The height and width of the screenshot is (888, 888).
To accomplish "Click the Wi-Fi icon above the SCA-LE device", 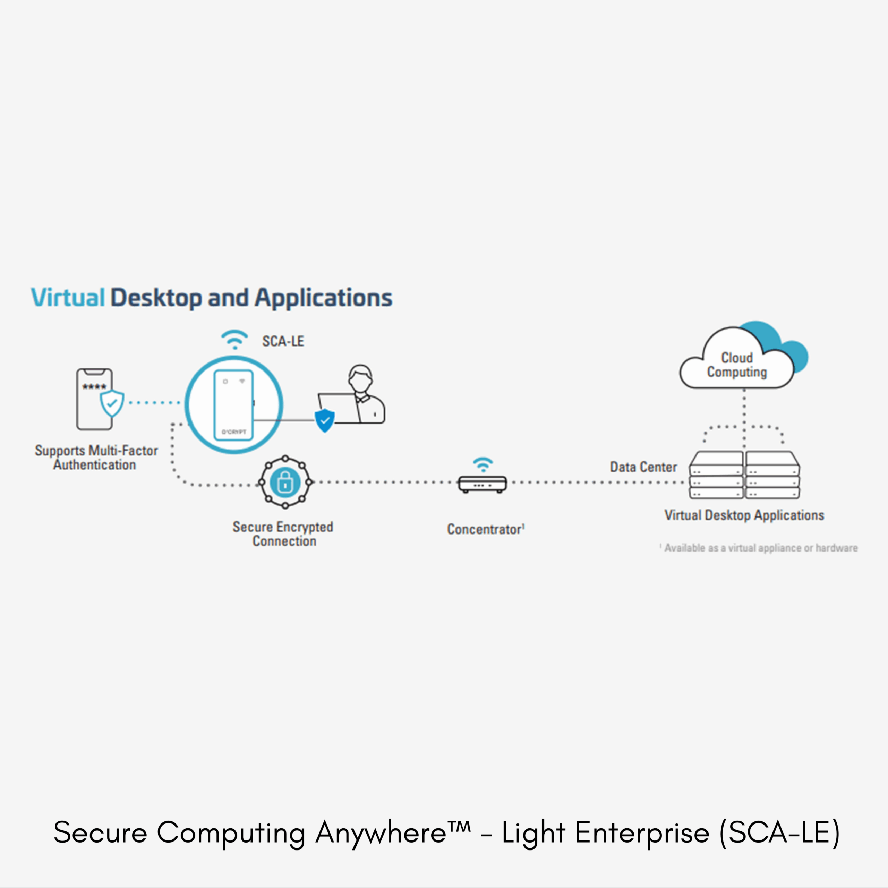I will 234,340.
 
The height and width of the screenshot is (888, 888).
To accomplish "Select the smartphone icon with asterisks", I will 93,399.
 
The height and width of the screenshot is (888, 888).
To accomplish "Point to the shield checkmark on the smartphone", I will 112,403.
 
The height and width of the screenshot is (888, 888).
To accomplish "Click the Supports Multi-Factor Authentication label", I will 96,457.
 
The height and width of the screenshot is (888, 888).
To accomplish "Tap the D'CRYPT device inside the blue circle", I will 233,404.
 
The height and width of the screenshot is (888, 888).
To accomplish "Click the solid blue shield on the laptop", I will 324,420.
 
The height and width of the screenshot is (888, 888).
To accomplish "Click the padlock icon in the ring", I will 285,482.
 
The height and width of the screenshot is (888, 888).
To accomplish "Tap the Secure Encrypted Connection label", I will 283,533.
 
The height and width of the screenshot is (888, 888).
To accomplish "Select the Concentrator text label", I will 485,529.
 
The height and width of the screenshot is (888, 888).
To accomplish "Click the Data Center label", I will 643,467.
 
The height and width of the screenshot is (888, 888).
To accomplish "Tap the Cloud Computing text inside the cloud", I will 737,365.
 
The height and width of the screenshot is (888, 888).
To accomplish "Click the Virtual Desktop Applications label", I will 744,515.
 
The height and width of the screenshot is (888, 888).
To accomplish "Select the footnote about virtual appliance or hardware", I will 759,548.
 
